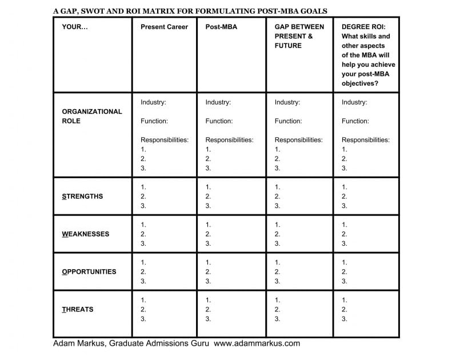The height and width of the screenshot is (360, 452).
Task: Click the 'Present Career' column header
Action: (x=164, y=27)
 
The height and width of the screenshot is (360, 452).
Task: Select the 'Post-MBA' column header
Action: (x=221, y=27)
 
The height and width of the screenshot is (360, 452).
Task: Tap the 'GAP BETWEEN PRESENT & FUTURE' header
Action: (x=299, y=36)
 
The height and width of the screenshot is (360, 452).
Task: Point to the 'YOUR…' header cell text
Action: (x=75, y=27)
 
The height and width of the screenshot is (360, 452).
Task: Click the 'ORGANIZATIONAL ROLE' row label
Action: (x=91, y=116)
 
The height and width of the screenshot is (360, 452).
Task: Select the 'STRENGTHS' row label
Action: (x=82, y=196)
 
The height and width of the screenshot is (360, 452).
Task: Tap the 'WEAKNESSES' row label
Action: (x=85, y=234)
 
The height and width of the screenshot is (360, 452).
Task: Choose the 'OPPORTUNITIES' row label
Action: (x=89, y=271)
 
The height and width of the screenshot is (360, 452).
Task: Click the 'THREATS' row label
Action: (x=77, y=309)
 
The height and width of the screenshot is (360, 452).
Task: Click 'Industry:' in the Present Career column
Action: (x=154, y=102)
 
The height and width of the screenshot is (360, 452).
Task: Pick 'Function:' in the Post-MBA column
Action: (x=219, y=121)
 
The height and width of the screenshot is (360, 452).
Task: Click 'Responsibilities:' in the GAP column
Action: (x=298, y=140)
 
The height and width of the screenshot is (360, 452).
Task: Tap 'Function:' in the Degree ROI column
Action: (x=355, y=121)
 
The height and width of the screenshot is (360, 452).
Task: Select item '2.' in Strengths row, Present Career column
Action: (x=143, y=196)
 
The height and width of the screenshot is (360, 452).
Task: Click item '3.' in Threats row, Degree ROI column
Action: (x=344, y=319)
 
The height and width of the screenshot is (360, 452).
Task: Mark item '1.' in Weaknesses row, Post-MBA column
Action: (x=208, y=225)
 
